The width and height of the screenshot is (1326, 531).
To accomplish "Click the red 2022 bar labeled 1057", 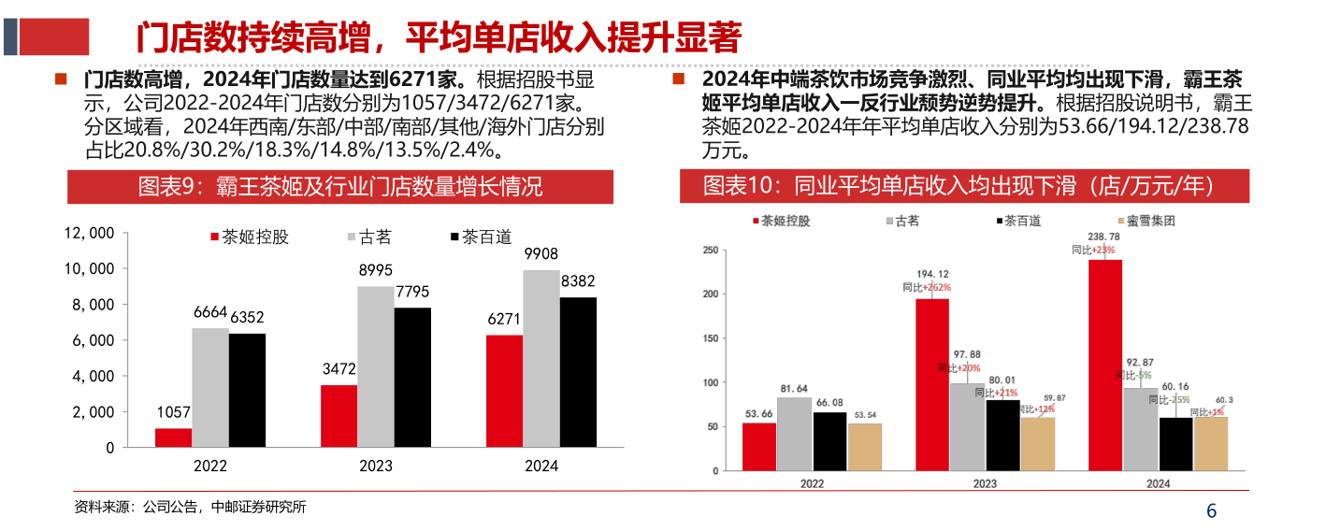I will (x=173, y=438).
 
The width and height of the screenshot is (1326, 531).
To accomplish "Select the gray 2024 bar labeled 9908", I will (x=540, y=359).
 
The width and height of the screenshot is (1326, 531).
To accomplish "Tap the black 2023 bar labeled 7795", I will (x=412, y=378).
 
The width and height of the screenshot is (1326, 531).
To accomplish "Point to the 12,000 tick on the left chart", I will (x=90, y=233).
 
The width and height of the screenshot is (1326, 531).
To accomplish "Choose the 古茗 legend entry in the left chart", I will (x=368, y=237).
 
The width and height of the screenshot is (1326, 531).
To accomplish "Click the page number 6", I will (x=1212, y=511).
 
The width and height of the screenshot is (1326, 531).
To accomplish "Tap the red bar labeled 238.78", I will (x=1105, y=365).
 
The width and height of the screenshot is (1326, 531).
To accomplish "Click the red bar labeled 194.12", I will (x=932, y=384).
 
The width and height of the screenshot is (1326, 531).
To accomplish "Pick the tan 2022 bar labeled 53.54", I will (x=865, y=447).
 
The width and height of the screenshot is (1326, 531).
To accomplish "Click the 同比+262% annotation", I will (x=925, y=288).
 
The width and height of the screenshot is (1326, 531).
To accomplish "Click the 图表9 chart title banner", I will (x=340, y=187).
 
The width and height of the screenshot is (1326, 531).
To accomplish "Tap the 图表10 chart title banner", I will (x=963, y=187).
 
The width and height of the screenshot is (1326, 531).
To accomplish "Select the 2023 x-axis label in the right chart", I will (x=985, y=483).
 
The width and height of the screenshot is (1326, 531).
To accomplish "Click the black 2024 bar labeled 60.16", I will (x=1175, y=444).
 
